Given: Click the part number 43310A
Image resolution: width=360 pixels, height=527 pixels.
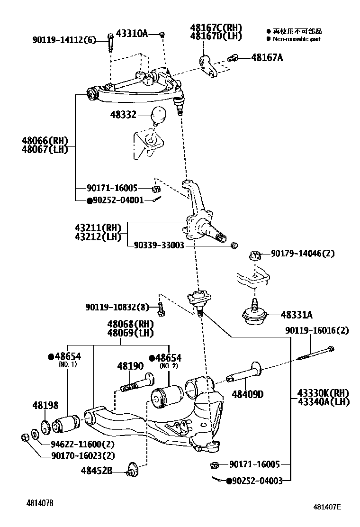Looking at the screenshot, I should (132, 33).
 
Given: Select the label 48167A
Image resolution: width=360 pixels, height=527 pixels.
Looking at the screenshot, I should (267, 57).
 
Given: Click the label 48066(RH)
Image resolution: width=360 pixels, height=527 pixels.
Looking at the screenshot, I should (45, 141).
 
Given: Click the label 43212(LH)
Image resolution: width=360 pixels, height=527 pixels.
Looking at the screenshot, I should (98, 236).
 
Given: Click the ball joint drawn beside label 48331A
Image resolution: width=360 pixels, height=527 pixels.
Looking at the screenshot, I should (255, 315).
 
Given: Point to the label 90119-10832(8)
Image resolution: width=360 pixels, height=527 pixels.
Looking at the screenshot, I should (117, 307).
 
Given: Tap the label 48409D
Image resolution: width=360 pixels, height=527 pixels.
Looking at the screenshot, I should (248, 394).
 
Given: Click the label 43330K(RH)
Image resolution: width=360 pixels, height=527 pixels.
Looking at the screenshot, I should (323, 393).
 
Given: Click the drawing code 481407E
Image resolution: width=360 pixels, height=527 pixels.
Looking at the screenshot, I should (326, 506).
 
